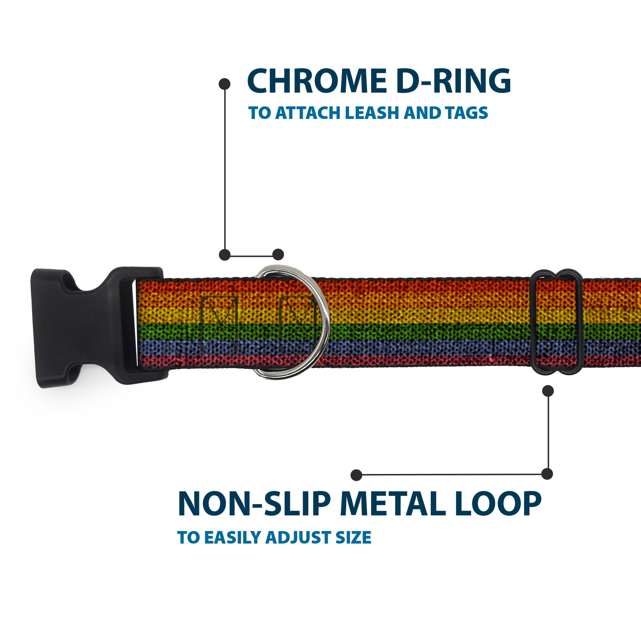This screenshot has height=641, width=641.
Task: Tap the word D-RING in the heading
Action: pos(453,81)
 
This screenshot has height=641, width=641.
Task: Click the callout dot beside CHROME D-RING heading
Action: pos(225,84)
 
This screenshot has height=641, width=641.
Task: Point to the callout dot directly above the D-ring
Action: pos(278,255)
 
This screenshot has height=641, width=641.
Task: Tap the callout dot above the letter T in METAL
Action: pos(356,475)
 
